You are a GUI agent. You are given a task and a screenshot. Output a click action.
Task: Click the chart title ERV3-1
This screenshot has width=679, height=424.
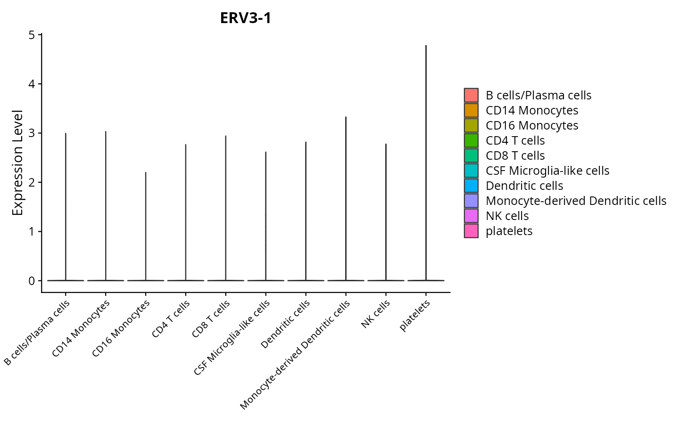(x=246, y=18)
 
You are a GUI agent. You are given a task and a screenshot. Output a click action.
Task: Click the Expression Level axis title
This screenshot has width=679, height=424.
(x=17, y=163)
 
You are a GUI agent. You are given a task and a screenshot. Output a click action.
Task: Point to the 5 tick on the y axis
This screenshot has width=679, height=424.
(x=32, y=35)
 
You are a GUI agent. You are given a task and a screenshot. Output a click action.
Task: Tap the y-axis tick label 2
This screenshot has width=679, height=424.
(x=32, y=182)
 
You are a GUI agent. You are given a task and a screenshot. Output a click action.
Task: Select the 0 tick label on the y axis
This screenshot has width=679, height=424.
(x=32, y=281)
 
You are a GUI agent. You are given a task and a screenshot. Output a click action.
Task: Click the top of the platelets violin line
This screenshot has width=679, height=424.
(x=426, y=46)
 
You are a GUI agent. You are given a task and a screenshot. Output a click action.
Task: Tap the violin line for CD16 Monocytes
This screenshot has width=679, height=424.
(x=146, y=226)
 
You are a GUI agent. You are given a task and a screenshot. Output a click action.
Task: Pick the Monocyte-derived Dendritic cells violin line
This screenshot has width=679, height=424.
(x=346, y=198)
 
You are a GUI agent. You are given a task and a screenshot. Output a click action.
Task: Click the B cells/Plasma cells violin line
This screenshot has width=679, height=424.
(x=66, y=207)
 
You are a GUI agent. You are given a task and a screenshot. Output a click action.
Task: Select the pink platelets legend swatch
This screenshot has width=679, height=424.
(x=471, y=231)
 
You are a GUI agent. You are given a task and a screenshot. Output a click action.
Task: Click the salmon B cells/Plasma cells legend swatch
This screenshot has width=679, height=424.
(x=471, y=95)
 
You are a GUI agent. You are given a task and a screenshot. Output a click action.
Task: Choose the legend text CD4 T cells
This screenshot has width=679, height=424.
(x=515, y=140)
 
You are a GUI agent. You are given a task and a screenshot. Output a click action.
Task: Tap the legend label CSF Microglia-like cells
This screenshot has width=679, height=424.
(x=547, y=171)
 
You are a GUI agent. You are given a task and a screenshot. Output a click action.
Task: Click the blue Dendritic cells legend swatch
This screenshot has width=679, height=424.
(x=471, y=186)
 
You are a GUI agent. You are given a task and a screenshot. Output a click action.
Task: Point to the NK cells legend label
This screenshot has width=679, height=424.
(x=507, y=216)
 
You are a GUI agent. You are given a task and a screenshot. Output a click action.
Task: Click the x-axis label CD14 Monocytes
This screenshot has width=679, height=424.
(x=81, y=328)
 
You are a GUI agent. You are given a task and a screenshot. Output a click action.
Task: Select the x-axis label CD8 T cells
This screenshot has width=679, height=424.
(x=211, y=319)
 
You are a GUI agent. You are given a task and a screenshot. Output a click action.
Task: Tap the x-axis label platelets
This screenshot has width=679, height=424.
(x=415, y=316)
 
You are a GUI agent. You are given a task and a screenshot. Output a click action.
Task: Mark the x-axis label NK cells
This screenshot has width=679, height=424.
(x=376, y=314)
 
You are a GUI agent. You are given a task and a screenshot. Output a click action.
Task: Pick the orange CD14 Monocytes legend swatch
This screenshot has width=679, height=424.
(x=471, y=110)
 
